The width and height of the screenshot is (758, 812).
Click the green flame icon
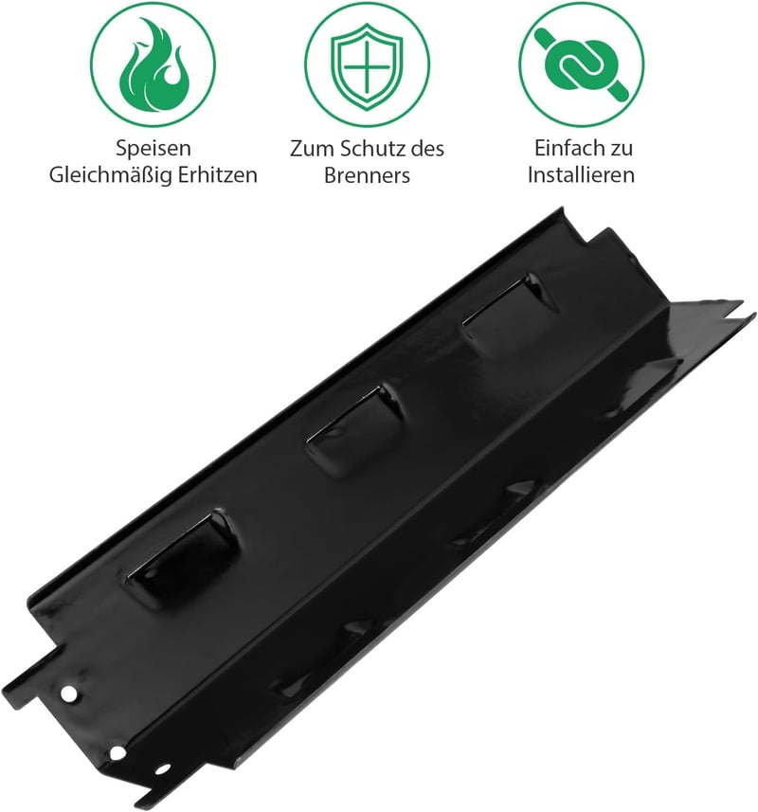[153, 65]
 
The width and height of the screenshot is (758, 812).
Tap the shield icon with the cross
[367, 65]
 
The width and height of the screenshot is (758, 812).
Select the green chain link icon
[582, 64]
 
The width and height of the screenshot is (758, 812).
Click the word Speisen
[153, 149]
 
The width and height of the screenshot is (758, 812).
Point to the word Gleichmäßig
[110, 175]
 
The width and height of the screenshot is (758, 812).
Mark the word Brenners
[367, 175]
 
